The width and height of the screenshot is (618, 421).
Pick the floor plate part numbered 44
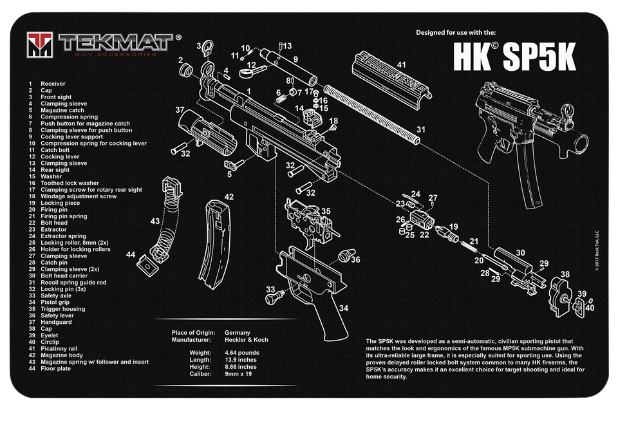(146, 263)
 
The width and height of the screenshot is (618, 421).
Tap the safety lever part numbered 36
(346, 255)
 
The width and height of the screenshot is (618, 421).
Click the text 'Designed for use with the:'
(456, 32)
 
